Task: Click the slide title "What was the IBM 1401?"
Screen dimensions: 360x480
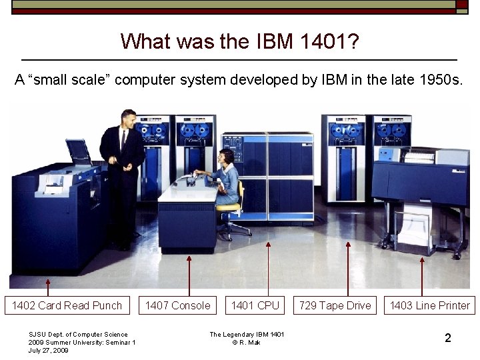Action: click(240, 41)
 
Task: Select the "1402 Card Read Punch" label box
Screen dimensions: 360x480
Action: click(67, 305)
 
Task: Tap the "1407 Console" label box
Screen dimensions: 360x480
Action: click(177, 305)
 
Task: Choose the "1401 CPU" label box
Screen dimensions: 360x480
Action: click(255, 305)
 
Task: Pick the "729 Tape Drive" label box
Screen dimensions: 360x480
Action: click(335, 305)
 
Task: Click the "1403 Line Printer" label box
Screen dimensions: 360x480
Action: click(430, 305)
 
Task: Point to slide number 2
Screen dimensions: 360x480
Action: click(447, 338)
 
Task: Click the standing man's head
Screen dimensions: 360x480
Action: click(128, 118)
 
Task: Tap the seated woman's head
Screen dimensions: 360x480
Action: click(227, 157)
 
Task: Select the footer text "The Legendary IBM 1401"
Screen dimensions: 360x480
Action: click(247, 334)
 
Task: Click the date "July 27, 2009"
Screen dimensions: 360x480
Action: click(48, 350)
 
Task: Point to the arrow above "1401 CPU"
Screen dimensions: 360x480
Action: click(268, 267)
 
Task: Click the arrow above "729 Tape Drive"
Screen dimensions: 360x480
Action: click(347, 267)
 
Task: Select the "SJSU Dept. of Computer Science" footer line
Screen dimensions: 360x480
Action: click(78, 334)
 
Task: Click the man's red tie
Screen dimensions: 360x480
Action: click(123, 139)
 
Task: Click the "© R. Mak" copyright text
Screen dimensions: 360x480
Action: click(247, 342)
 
